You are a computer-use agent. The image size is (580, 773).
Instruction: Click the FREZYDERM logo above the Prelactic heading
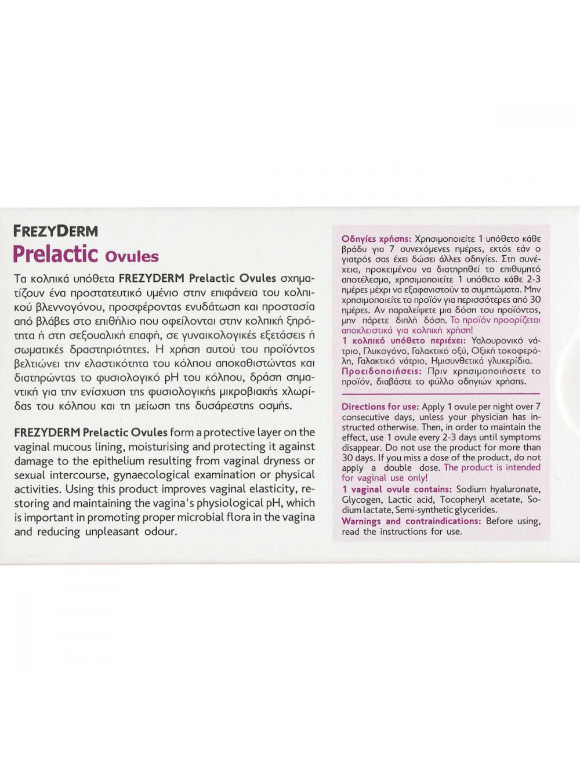[56, 231]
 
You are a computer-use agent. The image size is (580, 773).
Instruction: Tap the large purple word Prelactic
[55, 255]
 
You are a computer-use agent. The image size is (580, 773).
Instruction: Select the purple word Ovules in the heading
[132, 256]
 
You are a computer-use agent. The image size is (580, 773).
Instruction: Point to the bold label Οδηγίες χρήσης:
[376, 238]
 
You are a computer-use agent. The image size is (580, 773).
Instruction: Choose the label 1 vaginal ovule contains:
[398, 489]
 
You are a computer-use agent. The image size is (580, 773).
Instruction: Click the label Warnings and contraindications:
[411, 521]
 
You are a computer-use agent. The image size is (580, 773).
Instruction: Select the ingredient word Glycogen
[361, 499]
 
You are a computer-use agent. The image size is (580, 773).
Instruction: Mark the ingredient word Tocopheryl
[465, 499]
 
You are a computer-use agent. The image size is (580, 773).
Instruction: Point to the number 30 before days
[347, 458]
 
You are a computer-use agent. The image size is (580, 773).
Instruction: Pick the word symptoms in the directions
[521, 437]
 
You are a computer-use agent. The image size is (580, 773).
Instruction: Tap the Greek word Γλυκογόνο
[386, 351]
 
